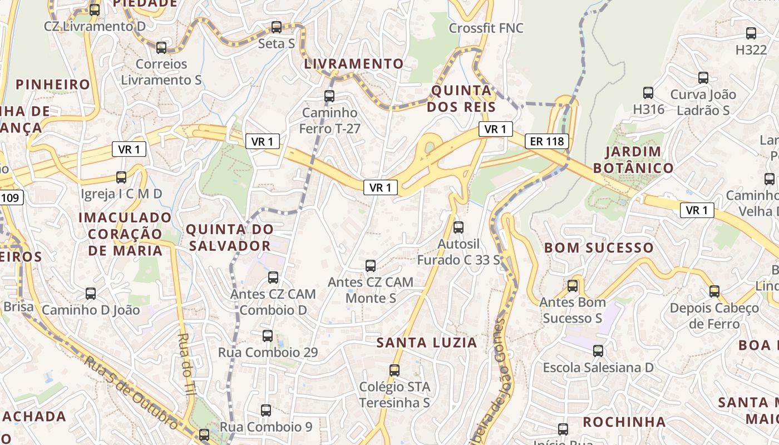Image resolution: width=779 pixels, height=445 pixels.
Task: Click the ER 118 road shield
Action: click(x=547, y=141)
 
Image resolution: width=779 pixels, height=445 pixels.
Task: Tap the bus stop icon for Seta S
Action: click(x=277, y=27)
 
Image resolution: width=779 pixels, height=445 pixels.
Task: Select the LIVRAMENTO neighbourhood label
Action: click(x=353, y=64)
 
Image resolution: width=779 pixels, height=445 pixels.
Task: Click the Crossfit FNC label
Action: click(x=486, y=28)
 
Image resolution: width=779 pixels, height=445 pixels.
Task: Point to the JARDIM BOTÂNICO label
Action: click(x=633, y=160)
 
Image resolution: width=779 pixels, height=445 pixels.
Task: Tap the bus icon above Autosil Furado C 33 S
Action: click(x=458, y=228)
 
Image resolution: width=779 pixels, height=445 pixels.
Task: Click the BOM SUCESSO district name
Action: click(x=599, y=248)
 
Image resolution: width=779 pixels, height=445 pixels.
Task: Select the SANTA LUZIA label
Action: click(x=427, y=343)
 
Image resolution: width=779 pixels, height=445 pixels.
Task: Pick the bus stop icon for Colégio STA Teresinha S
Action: click(x=395, y=370)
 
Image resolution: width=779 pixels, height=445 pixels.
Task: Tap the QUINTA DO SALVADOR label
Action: click(x=229, y=238)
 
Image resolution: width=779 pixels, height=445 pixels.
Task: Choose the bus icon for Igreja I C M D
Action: click(x=121, y=178)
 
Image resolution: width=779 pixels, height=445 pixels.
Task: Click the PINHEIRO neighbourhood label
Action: click(x=53, y=85)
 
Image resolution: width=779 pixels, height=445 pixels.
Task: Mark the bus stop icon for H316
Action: click(x=648, y=93)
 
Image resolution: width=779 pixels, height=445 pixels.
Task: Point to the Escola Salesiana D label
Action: click(x=598, y=368)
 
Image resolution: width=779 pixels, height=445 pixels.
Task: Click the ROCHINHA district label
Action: click(x=624, y=422)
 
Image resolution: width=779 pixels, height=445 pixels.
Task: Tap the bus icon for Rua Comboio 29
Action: click(x=268, y=336)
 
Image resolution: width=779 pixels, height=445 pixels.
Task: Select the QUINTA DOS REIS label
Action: click(x=461, y=98)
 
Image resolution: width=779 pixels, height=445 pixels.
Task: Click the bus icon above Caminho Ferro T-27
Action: click(x=329, y=96)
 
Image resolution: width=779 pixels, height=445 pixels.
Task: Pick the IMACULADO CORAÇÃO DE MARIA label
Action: click(x=125, y=234)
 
